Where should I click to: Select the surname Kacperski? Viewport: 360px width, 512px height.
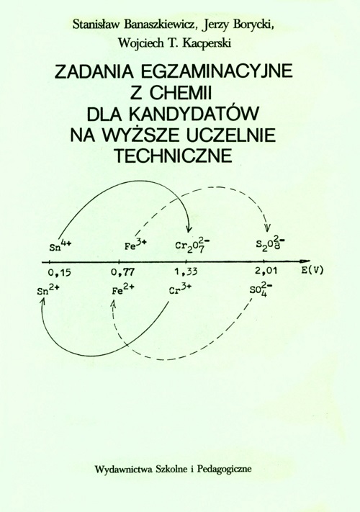[x=207, y=42]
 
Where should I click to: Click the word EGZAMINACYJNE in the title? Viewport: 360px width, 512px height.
[x=217, y=71]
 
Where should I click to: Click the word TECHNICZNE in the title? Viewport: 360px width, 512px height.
[x=173, y=156]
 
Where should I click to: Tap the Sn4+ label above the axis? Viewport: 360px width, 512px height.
[x=60, y=246]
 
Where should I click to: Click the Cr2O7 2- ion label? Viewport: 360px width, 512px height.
[x=192, y=246]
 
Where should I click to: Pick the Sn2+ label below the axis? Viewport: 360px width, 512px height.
[x=48, y=289]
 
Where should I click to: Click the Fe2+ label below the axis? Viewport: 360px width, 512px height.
[x=122, y=289]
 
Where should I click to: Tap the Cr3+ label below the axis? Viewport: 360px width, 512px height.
[x=181, y=289]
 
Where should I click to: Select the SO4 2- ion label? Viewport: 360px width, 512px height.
[x=261, y=291]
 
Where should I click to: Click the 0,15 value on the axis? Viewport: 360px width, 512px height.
[x=59, y=272]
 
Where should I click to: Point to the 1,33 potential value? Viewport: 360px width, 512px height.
[x=186, y=271]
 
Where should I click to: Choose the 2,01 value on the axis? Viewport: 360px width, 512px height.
[x=266, y=271]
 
